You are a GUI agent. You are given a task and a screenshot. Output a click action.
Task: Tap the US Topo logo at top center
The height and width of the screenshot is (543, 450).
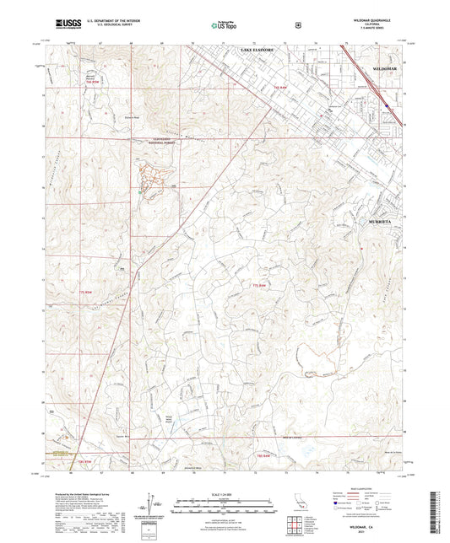pyautogui.click(x=225, y=25)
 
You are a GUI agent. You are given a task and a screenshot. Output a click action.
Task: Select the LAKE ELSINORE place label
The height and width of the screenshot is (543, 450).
pyautogui.click(x=259, y=51)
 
